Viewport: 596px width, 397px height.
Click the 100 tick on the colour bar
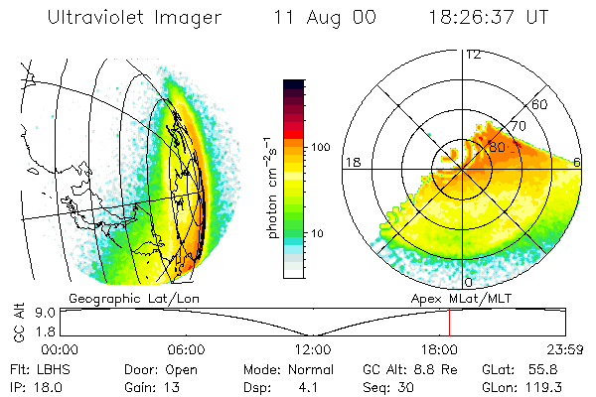[x=321, y=146]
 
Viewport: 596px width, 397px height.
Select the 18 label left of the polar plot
[x=351, y=161]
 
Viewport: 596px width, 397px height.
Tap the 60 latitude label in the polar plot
[x=540, y=104]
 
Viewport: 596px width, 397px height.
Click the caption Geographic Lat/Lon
[x=117, y=297]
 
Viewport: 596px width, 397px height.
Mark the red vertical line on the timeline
[x=449, y=322]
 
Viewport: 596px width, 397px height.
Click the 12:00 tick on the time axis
[x=312, y=349]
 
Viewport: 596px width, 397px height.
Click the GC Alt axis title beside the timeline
[x=17, y=322]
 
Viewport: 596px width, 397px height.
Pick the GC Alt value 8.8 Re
[x=403, y=368]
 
